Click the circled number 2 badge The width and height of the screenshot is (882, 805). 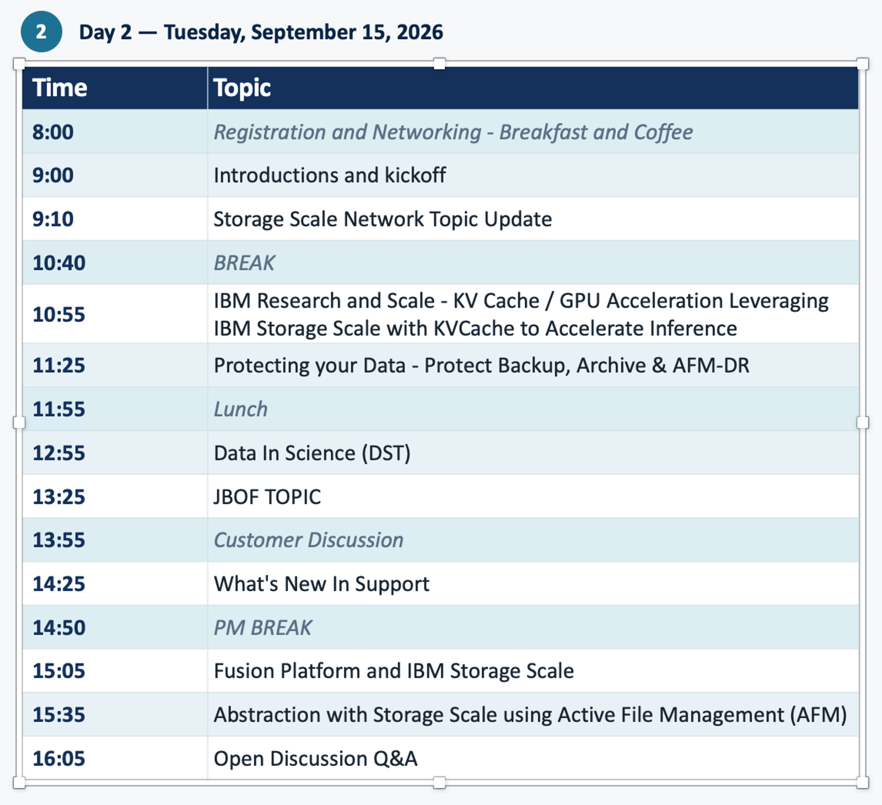tap(41, 31)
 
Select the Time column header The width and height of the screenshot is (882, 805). tap(60, 88)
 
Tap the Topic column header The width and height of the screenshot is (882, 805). tap(242, 88)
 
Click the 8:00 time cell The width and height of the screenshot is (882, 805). tap(53, 132)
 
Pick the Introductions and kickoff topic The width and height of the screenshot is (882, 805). tap(330, 175)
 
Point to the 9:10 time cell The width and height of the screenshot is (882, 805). tap(53, 219)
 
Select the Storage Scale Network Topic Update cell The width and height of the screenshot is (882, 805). tap(383, 219)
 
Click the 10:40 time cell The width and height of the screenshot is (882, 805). tap(59, 263)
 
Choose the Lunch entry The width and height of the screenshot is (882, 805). tap(240, 409)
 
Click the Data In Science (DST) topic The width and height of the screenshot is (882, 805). tap(312, 453)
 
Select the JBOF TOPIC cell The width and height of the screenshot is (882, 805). tap(267, 497)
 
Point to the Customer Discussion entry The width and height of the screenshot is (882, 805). tap(309, 540)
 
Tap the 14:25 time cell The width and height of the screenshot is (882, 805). tap(59, 584)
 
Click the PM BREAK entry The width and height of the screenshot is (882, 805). tap(263, 627)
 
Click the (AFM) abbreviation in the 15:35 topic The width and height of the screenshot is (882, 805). tap(818, 715)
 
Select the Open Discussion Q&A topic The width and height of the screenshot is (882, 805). tap(316, 759)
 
